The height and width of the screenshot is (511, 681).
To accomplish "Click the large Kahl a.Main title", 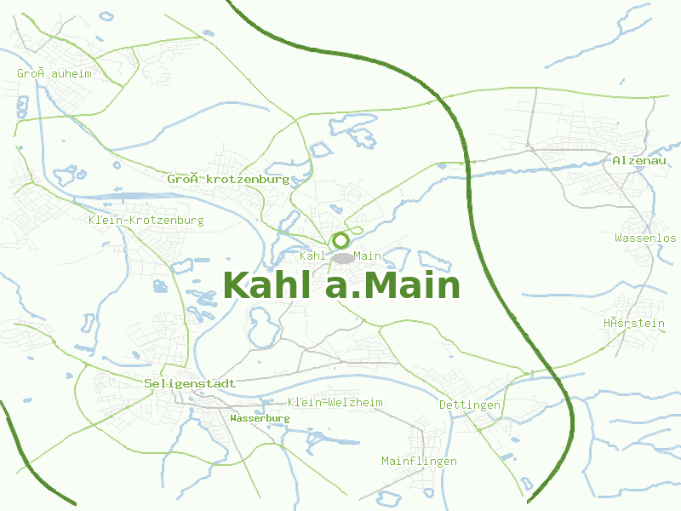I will [x=341, y=285].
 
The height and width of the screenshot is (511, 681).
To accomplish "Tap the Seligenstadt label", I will [x=190, y=384].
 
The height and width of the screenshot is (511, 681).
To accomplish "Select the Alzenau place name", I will [x=638, y=160].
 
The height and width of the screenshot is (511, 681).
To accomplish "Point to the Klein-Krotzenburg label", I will [x=146, y=221].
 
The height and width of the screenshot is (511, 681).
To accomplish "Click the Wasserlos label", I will [x=645, y=238].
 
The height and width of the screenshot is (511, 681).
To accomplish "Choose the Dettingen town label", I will [x=470, y=405].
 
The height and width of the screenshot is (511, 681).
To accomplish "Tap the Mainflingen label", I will [x=419, y=461].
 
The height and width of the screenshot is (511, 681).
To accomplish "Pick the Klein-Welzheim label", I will [x=335, y=402].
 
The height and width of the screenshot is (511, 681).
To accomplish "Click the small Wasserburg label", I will [x=260, y=418].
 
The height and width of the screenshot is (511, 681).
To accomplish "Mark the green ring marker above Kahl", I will [x=340, y=240].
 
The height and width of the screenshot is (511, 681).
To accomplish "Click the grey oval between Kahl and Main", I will [x=342, y=257].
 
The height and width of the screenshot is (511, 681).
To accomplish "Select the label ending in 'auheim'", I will [x=54, y=74].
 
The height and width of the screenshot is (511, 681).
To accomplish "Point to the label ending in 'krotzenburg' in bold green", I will [x=228, y=180].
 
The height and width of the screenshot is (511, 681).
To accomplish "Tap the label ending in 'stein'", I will [x=633, y=323].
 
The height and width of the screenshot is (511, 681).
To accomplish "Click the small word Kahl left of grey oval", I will [x=314, y=255].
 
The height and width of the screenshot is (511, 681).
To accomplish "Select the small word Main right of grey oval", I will [x=368, y=255].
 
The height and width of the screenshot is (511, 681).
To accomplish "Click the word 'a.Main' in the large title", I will [x=393, y=285].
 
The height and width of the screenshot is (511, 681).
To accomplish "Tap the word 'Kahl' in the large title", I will [x=269, y=285].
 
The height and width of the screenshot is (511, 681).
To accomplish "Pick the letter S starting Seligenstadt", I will [x=148, y=384].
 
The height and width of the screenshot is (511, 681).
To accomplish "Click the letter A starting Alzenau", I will [x=616, y=160].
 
